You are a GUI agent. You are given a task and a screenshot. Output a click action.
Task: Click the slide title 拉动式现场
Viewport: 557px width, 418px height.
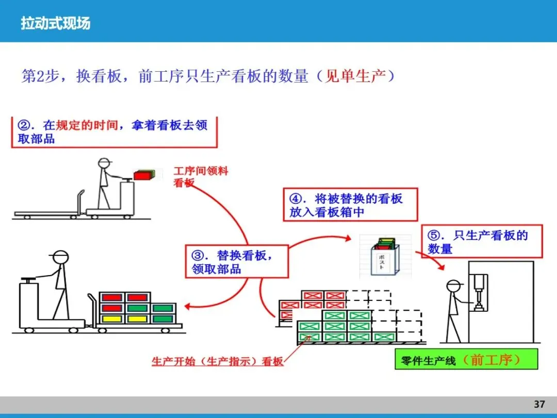tap(55, 23)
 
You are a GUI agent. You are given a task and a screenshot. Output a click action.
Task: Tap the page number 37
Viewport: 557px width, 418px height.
tap(539, 404)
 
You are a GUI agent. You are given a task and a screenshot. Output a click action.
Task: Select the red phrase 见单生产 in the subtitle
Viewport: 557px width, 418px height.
tap(355, 76)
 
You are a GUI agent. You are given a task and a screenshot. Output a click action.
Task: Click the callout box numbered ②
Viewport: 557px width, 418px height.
tap(114, 132)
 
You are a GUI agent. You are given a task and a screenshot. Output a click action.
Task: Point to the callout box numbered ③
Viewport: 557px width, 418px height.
tap(236, 262)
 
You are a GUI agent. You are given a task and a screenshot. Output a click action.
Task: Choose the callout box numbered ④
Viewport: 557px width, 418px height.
tap(350, 205)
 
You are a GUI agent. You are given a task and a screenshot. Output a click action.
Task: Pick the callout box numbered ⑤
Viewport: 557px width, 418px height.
tap(482, 242)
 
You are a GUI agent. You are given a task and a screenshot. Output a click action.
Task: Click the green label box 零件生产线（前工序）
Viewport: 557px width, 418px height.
tap(466, 360)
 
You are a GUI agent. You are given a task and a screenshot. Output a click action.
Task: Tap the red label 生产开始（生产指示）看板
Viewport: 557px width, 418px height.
tap(217, 361)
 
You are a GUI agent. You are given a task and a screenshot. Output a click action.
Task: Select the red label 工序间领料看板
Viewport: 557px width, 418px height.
tap(199, 176)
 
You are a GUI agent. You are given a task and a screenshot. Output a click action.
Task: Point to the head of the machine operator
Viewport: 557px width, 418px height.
tap(454, 287)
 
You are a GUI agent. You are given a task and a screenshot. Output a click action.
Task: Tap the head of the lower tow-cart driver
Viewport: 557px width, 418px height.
tap(60, 258)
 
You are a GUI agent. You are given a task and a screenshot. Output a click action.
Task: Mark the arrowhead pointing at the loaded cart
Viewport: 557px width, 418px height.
tap(187, 307)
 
